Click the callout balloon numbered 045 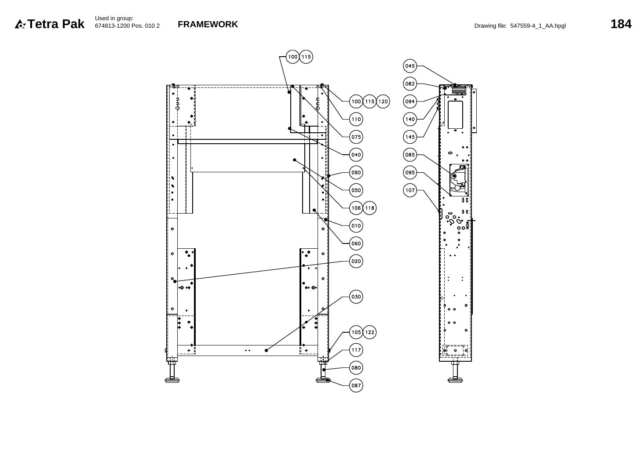[409, 66]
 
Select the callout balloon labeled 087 [356, 385]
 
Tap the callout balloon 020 [356, 261]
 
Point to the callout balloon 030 [356, 297]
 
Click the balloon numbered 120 [383, 102]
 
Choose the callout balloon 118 [369, 208]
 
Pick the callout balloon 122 [369, 332]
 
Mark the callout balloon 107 [409, 190]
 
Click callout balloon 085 [409, 155]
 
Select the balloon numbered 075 [356, 137]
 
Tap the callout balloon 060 [356, 243]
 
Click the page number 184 [621, 24]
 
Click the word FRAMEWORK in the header [208, 24]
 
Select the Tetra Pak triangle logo [20, 24]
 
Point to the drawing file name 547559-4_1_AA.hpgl [538, 26]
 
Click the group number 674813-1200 [112, 26]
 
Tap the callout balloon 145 [409, 137]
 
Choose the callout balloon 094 [409, 102]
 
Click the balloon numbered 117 [356, 350]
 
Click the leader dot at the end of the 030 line [266, 350]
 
